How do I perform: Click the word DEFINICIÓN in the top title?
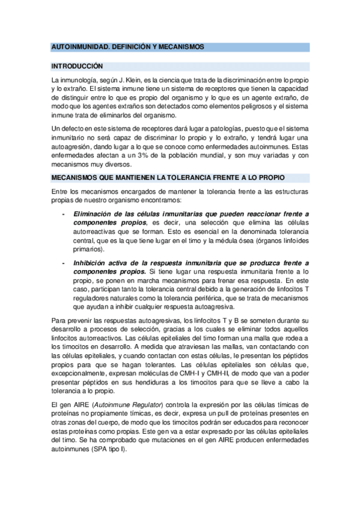[x=123, y=46]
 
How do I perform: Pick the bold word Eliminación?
[x=96, y=214]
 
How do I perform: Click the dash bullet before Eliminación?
[x=64, y=214]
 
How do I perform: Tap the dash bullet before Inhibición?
[x=64, y=263]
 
